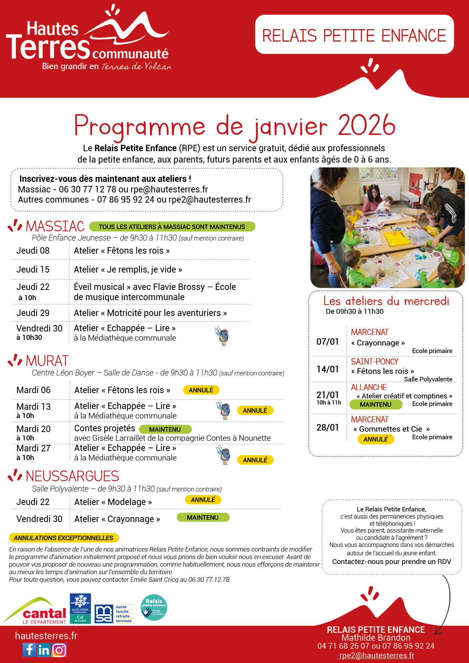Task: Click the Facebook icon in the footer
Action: point(30,650)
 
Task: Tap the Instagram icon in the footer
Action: point(59,650)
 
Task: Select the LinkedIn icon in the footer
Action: point(44,650)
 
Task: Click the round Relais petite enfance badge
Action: point(154,607)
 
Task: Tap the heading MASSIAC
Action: point(55,226)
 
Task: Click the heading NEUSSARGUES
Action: point(72,476)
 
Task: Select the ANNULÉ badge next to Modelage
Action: point(203,500)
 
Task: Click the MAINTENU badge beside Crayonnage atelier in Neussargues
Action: point(203,517)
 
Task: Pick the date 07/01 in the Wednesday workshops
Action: point(328,342)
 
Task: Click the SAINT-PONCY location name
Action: point(374,362)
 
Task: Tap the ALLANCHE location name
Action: point(369,387)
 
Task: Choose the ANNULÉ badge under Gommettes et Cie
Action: point(376,439)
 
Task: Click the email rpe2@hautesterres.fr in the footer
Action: point(376,655)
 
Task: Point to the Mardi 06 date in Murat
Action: point(34,390)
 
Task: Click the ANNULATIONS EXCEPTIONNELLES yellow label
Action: point(64,538)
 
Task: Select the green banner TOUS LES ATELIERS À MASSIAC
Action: point(172,227)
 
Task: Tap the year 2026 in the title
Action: point(367,125)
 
